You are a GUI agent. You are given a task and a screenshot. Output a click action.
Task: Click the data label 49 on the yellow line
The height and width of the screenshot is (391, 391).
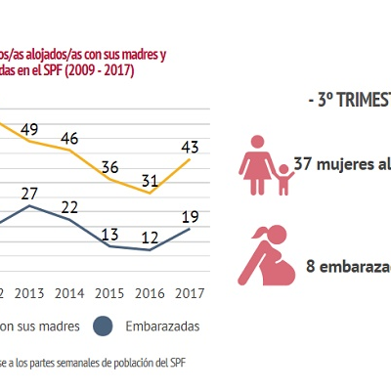[28, 130]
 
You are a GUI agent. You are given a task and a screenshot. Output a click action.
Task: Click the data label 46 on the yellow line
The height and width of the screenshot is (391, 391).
[69, 139]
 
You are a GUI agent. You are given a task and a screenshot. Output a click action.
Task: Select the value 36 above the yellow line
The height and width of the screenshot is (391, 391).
[110, 166]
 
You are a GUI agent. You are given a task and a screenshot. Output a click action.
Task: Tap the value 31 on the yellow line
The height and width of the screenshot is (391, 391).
[150, 180]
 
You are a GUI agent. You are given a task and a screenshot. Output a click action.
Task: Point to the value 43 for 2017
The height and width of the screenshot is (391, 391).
[190, 147]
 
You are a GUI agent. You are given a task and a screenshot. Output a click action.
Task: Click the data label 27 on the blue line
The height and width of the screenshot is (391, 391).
[28, 193]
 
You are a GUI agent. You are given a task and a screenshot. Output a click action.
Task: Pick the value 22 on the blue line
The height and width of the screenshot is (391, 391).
[69, 206]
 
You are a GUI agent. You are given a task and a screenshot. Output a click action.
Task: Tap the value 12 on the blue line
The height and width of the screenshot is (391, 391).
[150, 237]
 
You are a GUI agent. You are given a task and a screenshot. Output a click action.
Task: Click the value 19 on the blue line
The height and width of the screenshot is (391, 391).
[190, 217]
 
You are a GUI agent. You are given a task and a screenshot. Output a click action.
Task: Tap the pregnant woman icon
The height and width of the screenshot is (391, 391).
[267, 256]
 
